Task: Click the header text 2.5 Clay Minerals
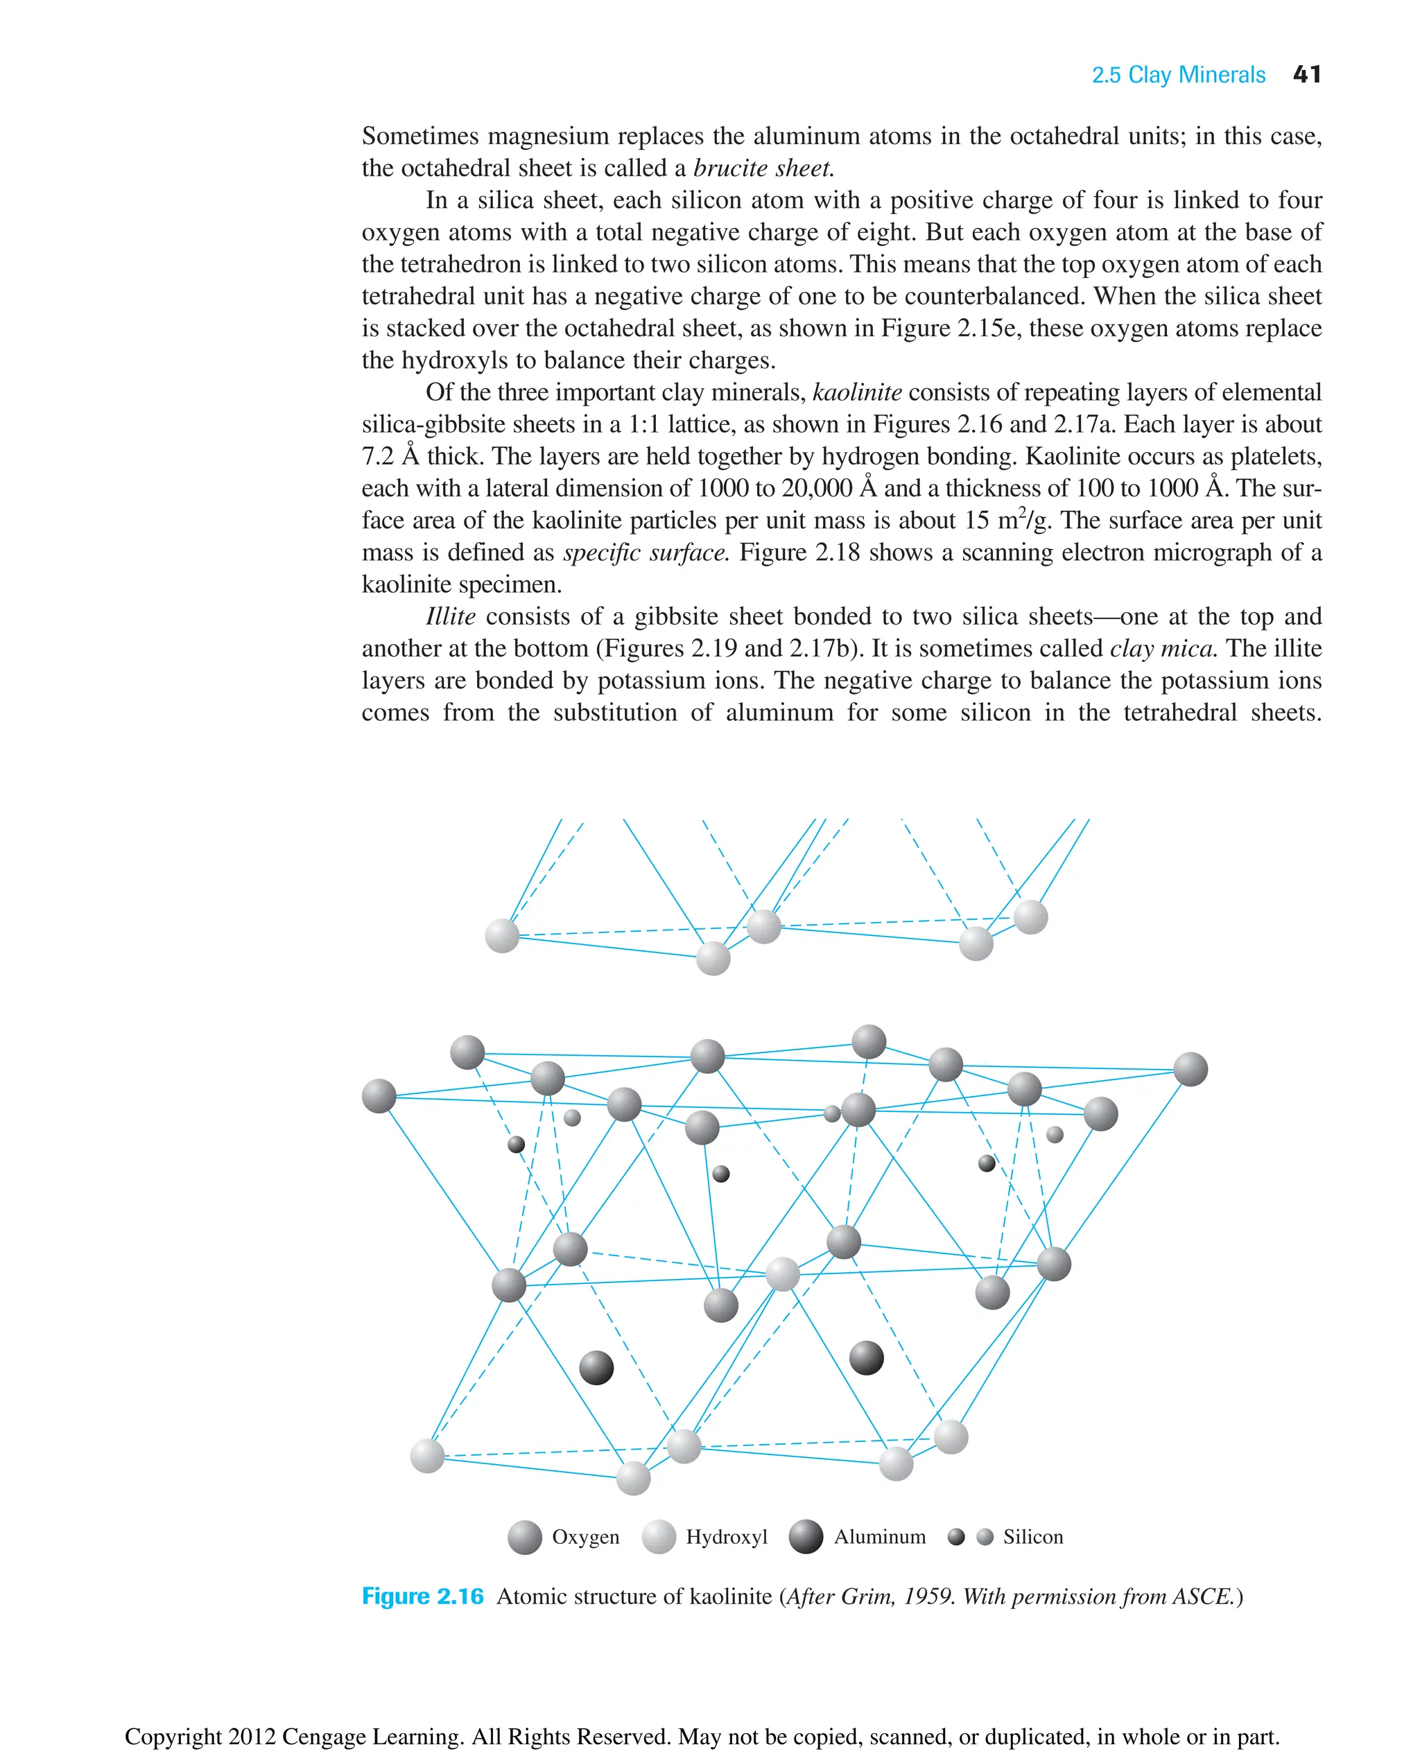pos(1178,76)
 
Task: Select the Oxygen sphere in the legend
pos(524,1537)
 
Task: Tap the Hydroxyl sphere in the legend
pos(659,1537)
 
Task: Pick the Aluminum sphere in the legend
pos(806,1537)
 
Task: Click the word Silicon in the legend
pos(1033,1537)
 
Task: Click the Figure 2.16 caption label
pos(423,1596)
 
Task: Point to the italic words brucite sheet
pos(763,168)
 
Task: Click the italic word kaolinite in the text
pos(856,392)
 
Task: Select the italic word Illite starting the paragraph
pos(450,616)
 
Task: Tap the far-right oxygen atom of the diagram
pos(1190,1069)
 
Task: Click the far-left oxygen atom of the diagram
pos(379,1096)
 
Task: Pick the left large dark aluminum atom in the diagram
pos(596,1368)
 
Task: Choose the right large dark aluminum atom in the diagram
pos(866,1357)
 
